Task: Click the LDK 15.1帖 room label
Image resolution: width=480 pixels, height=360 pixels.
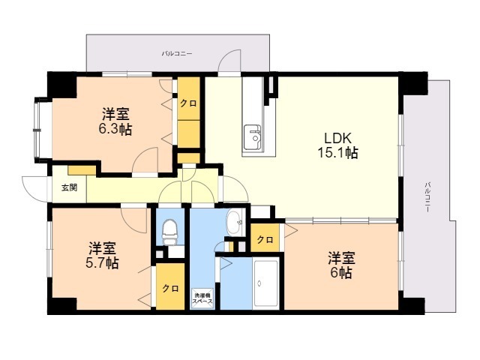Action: click(340, 145)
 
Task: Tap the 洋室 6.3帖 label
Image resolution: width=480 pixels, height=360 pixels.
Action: click(117, 121)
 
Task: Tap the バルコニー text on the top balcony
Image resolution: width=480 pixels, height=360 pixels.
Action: click(177, 54)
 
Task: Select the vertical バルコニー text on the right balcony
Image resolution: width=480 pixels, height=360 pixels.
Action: click(427, 197)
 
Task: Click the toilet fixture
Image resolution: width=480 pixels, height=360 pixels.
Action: click(170, 229)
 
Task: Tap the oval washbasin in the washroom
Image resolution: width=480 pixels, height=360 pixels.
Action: click(234, 220)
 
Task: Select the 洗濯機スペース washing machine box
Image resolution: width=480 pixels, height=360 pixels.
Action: click(203, 298)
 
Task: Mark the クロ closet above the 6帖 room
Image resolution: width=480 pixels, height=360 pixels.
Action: click(264, 240)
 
